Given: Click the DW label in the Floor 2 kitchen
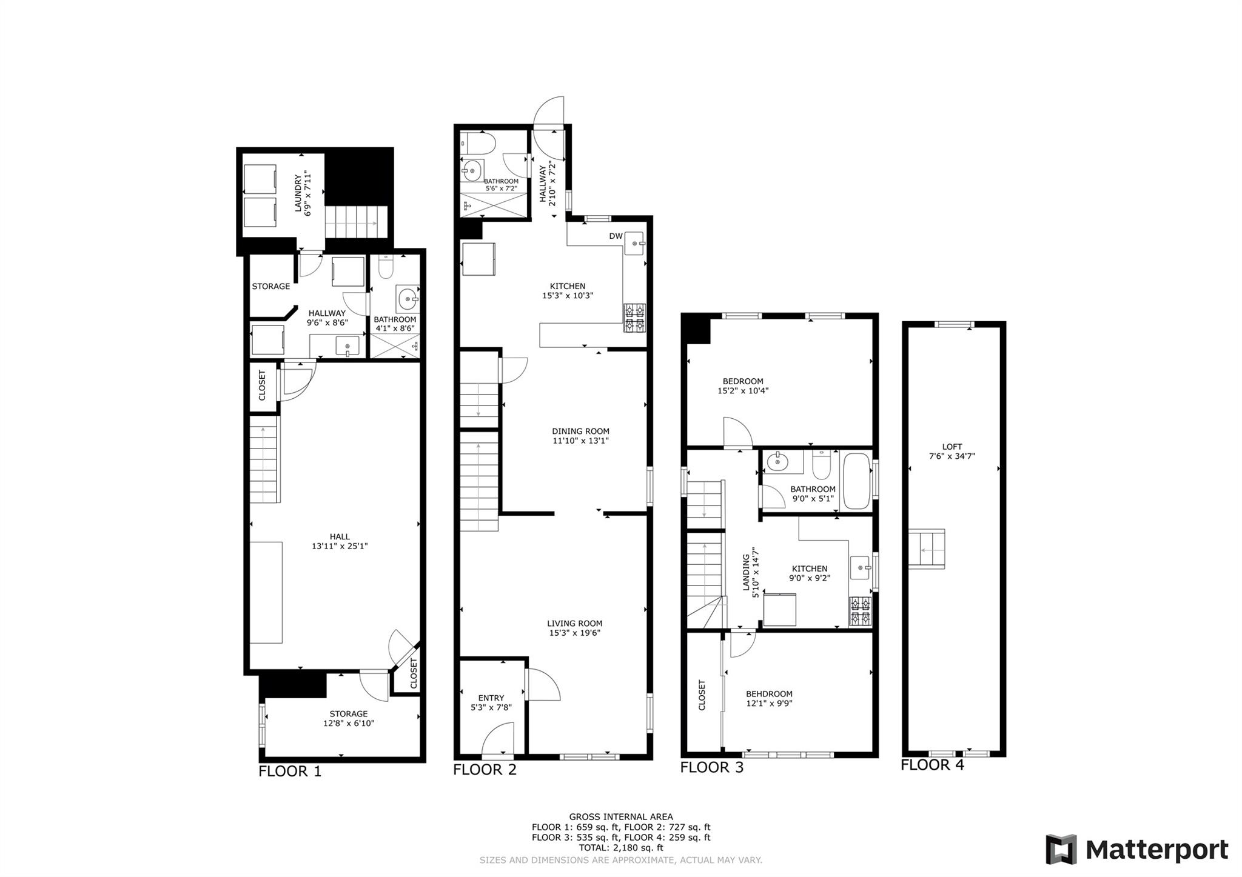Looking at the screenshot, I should [x=616, y=236].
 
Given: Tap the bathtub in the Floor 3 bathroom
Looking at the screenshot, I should [x=855, y=481].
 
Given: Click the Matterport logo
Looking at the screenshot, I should [x=1136, y=850].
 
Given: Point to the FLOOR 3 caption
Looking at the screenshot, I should [x=711, y=767].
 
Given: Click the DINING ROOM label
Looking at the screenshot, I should [x=580, y=432].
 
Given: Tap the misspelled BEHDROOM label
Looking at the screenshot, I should [x=769, y=694].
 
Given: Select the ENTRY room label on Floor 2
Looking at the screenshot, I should [x=491, y=698].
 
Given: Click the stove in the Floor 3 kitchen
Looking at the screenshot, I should [x=860, y=611].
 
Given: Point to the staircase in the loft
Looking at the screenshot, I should [x=926, y=549].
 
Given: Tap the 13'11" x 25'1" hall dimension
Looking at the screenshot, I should [x=340, y=546].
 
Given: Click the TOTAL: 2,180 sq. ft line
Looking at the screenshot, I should [x=620, y=848].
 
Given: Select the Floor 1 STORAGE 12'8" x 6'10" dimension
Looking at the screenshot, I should [x=348, y=723].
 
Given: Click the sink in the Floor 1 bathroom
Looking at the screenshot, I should [x=407, y=298].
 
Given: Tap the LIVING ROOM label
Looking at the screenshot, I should [x=574, y=623].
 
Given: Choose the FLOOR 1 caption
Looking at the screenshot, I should [x=290, y=772].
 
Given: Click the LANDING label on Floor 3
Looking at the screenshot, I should [x=746, y=572].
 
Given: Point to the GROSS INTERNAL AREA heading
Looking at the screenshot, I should [x=620, y=817].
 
